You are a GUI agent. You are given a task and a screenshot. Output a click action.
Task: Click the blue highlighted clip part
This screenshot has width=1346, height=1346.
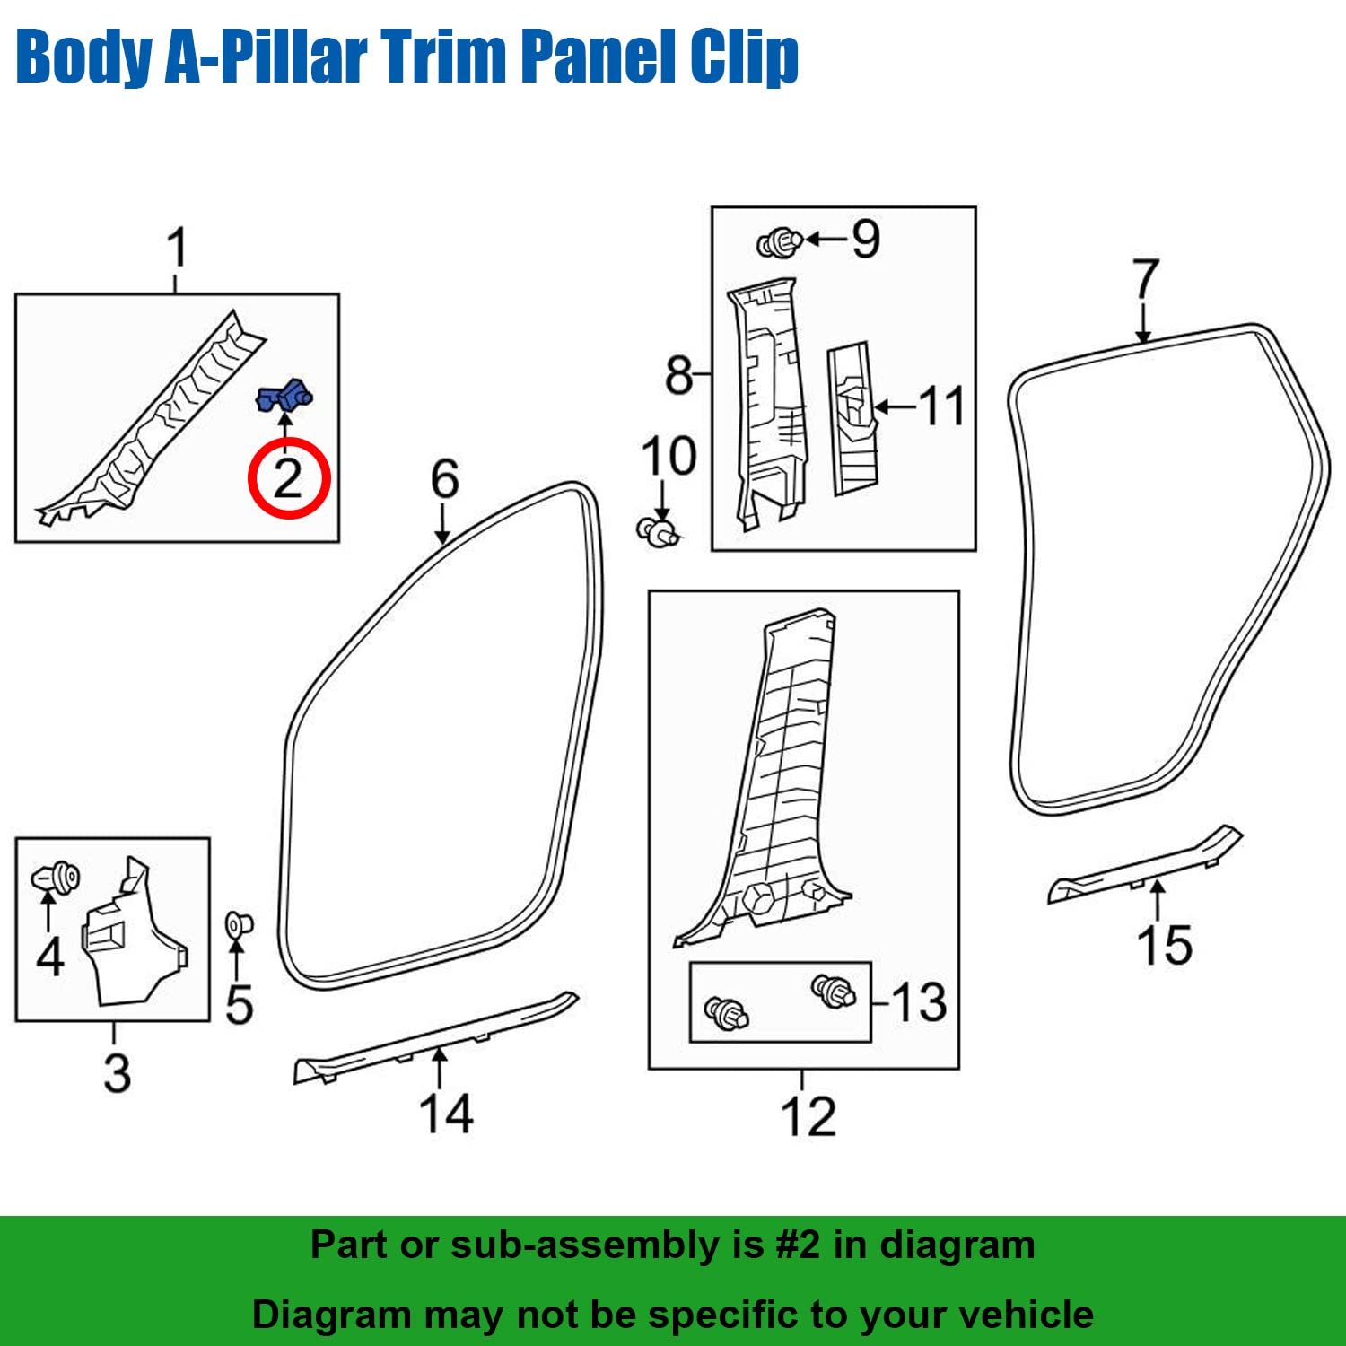click(x=284, y=396)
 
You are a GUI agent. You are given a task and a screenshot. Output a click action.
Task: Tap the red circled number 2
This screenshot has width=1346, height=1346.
click(x=289, y=478)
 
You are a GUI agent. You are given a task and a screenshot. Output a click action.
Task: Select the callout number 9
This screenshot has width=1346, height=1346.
click(x=866, y=239)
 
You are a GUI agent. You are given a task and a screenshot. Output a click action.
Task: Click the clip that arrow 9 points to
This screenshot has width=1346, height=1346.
click(x=779, y=242)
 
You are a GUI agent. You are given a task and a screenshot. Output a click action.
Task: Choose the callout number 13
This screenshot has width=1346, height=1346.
click(x=920, y=1002)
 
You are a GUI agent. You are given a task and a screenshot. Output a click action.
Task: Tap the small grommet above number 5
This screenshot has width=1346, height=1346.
click(x=239, y=922)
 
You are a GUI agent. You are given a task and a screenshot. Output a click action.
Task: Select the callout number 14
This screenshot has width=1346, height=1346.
click(x=446, y=1114)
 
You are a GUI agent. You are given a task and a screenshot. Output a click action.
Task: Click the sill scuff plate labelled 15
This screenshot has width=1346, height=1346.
click(x=1145, y=864)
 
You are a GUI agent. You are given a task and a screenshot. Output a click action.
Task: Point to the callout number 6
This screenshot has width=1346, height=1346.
click(x=445, y=478)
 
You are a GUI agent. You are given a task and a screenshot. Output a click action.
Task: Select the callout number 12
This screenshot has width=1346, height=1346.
click(x=808, y=1117)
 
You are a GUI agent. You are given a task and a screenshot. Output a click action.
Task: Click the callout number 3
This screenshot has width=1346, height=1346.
click(x=118, y=1073)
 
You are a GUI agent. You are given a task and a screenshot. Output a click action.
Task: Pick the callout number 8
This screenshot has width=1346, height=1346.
click(x=679, y=375)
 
